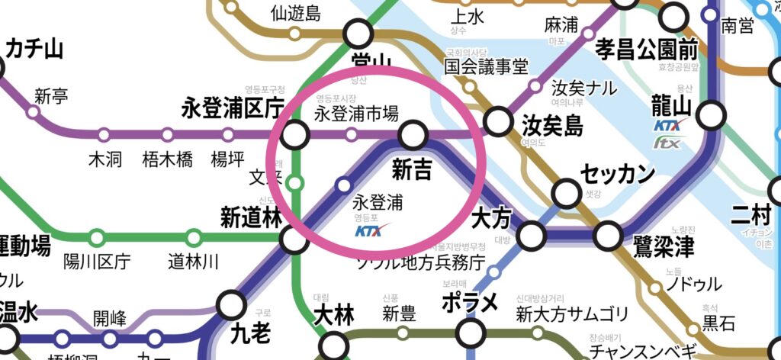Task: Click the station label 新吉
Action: [413, 169]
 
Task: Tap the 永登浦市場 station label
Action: [356, 115]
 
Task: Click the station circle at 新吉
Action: [413, 136]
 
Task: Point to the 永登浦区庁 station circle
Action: [294, 136]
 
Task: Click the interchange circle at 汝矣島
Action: [498, 120]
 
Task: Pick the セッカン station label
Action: [618, 175]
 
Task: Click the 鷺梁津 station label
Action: [663, 246]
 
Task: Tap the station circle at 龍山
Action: [711, 117]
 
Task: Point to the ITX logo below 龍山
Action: [667, 142]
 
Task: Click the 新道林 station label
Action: [252, 217]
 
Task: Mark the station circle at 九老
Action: [230, 306]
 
